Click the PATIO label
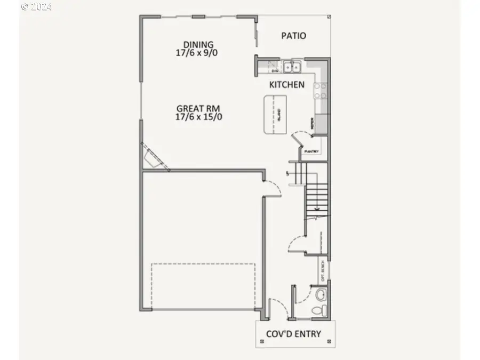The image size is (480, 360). tap(293, 36)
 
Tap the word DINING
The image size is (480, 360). tap(198, 44)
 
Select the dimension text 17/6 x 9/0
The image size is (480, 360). tap(198, 53)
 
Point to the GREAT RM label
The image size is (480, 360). tap(199, 108)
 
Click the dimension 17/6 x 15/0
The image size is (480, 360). tap(199, 117)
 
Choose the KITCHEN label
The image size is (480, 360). tap(286, 84)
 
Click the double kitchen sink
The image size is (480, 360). tap(292, 67)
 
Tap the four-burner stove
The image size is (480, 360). tap(321, 91)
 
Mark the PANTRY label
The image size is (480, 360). tap(311, 151)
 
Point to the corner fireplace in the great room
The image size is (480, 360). tap(153, 158)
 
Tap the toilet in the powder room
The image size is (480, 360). tap(318, 310)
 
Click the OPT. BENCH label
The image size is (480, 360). tap(323, 271)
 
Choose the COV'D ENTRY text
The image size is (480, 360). tap(293, 334)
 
